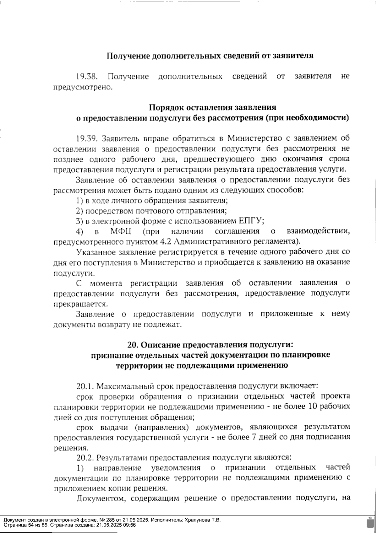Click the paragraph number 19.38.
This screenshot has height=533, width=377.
pos(87,76)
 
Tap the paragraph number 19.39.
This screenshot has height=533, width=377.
pos(87,138)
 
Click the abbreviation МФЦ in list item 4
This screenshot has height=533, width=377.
pos(121,232)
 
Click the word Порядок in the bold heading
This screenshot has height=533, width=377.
pos(167,107)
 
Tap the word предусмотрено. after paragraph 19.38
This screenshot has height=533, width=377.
pos(83,87)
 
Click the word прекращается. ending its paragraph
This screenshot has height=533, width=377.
pos(81,304)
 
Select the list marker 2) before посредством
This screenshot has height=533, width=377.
pos(80,211)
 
